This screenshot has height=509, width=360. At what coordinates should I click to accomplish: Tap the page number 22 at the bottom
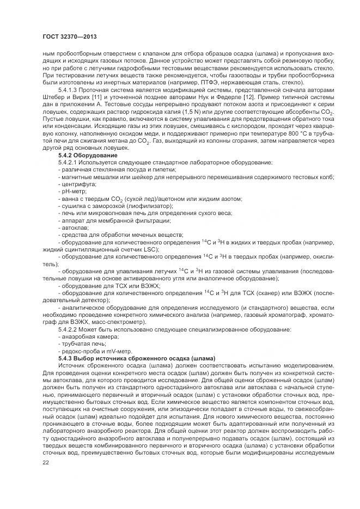45,462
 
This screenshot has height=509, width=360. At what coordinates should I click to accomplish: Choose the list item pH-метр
74,192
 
